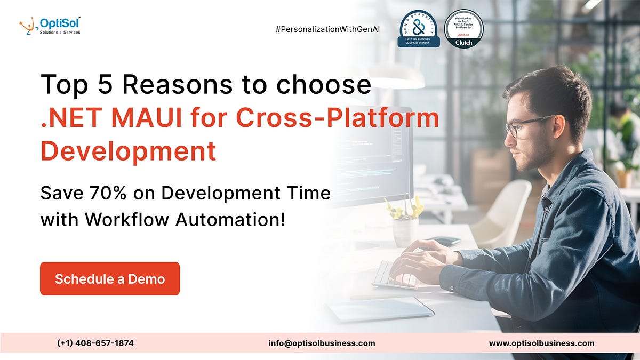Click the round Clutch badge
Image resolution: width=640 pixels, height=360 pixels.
click(463, 28)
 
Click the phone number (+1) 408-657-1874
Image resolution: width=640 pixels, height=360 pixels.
click(95, 343)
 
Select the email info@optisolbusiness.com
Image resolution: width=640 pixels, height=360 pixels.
click(322, 343)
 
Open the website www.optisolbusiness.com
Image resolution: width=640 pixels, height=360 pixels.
click(541, 343)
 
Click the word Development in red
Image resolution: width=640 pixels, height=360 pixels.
click(129, 151)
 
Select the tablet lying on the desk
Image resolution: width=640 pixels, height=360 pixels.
click(380, 309)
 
